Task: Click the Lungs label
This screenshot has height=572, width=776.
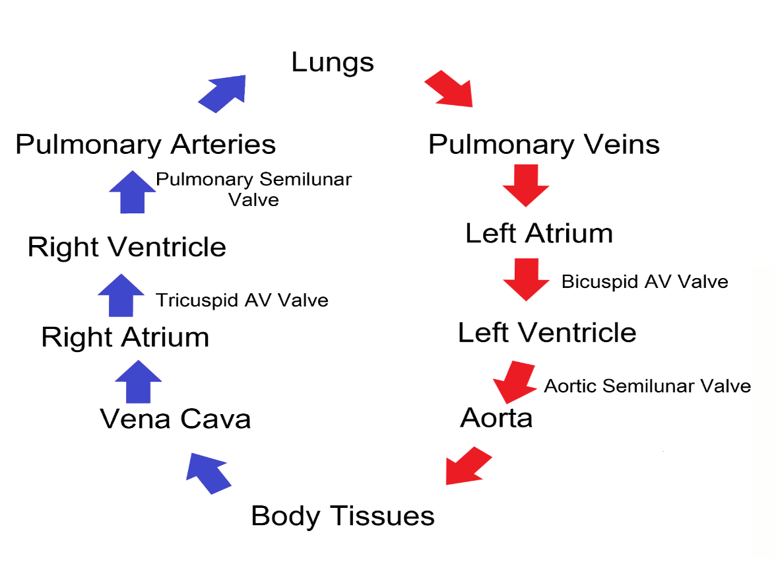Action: tap(333, 63)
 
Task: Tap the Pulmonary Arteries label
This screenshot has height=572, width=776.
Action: tap(145, 145)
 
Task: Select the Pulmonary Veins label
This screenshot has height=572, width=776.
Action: tap(544, 145)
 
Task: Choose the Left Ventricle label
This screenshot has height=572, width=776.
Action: tap(547, 332)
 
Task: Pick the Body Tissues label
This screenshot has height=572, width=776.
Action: tap(342, 517)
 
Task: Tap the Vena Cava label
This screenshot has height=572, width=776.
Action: tap(176, 419)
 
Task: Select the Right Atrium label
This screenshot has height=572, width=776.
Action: tap(125, 338)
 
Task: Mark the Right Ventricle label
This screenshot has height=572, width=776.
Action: tap(127, 246)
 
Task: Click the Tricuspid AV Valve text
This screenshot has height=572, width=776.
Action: tap(242, 300)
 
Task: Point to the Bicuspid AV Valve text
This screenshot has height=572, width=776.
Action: tap(645, 282)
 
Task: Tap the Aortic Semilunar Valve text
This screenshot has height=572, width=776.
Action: tap(647, 386)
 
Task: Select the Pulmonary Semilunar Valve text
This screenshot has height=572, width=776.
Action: tap(254, 189)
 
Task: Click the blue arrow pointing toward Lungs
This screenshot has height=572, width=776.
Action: tap(223, 93)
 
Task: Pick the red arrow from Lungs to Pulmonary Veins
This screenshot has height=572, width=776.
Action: tap(449, 89)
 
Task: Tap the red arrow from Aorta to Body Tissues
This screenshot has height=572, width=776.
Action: tap(468, 466)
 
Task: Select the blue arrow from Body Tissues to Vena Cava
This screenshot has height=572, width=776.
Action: tap(208, 473)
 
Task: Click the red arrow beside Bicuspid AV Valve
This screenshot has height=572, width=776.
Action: tap(526, 279)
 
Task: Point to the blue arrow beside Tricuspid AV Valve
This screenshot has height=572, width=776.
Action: tap(121, 295)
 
